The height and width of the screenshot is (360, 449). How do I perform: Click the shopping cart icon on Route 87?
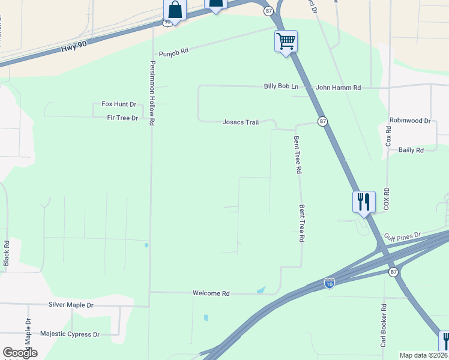point(286,41)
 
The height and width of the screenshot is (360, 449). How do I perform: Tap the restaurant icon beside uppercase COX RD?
point(364,202)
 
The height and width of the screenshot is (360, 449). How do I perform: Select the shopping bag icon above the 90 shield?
point(175,8)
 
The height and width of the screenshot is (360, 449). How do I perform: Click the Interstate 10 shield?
point(329,283)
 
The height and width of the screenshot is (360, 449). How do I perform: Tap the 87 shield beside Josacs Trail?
point(323,121)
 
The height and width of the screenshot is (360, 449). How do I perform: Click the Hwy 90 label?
point(73,47)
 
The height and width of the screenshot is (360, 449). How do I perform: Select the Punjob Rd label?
point(173,52)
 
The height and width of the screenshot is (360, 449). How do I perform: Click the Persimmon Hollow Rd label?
point(152,92)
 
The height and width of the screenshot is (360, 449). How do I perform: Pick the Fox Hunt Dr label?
point(119,104)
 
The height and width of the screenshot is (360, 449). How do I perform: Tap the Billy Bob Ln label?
point(281,86)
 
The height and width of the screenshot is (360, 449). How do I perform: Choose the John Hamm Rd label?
point(338,88)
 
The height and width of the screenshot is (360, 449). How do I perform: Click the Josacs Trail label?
point(240,122)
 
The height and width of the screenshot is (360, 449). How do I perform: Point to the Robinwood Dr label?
point(410,121)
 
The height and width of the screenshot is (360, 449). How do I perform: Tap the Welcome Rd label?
point(211,293)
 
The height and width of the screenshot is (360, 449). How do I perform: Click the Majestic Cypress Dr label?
point(70,334)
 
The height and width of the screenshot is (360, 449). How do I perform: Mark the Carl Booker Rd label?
point(384,324)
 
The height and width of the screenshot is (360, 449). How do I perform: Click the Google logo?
point(20,353)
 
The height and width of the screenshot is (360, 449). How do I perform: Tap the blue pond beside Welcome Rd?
point(261,290)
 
